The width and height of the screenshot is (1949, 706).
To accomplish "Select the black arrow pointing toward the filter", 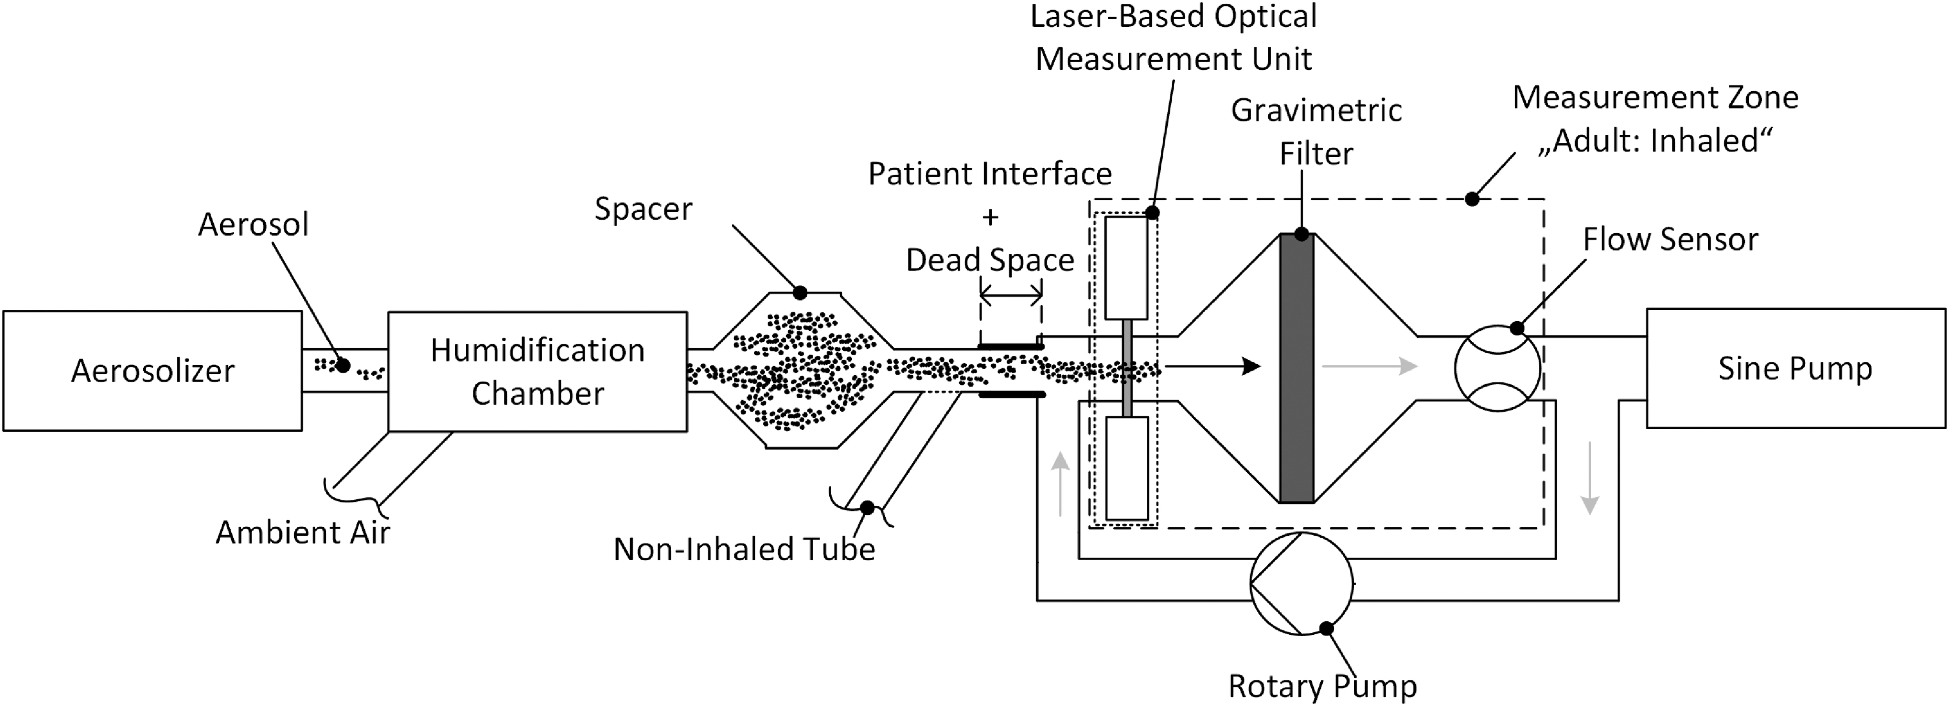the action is (1213, 367).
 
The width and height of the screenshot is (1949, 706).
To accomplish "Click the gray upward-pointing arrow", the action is (1061, 484).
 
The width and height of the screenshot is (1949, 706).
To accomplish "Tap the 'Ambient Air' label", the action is (303, 532).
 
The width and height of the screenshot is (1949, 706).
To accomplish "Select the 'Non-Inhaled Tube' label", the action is (744, 549).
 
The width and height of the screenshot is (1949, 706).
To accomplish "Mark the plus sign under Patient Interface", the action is (990, 217).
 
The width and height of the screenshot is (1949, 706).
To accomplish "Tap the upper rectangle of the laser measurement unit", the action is (1126, 268).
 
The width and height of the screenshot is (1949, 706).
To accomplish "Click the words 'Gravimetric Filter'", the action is (1317, 131).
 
